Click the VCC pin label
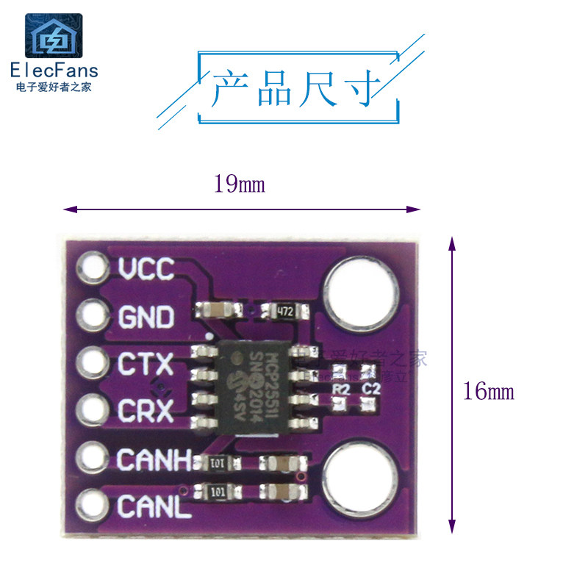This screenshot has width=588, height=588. tap(146, 270)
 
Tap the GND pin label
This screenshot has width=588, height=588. tap(146, 318)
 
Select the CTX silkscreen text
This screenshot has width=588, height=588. tap(146, 365)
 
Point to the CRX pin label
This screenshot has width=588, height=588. tap(146, 410)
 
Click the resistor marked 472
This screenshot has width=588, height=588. tap(284, 312)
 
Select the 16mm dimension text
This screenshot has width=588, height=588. tap(489, 391)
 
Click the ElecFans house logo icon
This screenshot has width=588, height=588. tap(53, 36)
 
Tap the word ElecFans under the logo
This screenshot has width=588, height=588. tap(53, 71)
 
